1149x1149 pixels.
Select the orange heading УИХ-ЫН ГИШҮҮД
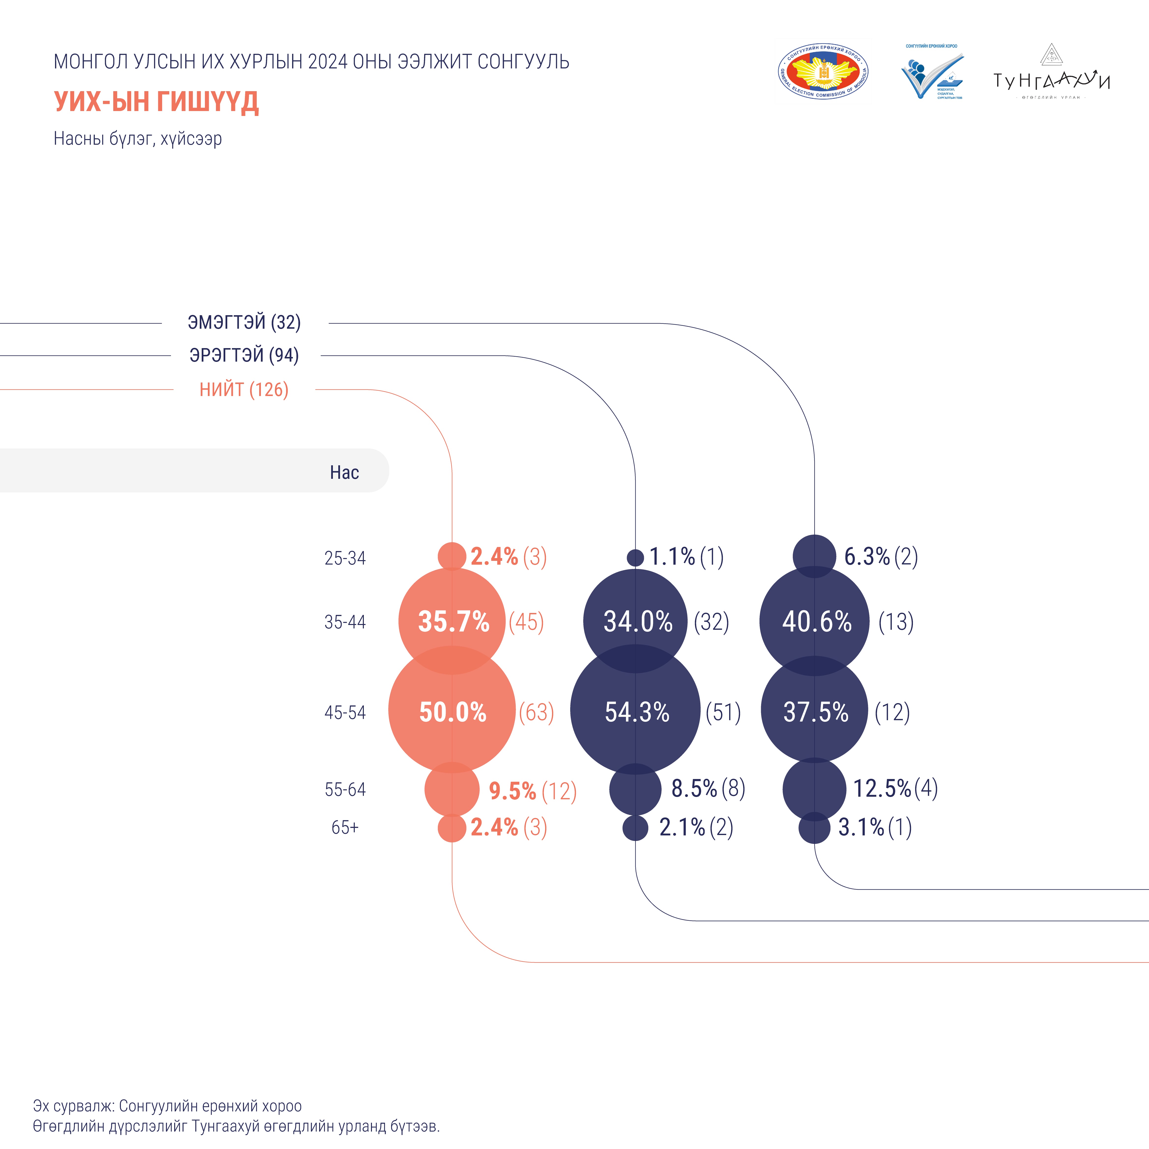tap(156, 102)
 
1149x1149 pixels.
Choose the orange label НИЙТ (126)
tap(244, 390)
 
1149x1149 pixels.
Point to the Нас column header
tap(344, 472)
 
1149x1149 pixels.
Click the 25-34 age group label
tap(345, 558)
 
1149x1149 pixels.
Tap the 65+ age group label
tap(345, 827)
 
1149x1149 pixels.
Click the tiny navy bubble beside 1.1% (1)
tap(635, 557)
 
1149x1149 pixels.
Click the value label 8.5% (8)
tap(708, 789)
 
